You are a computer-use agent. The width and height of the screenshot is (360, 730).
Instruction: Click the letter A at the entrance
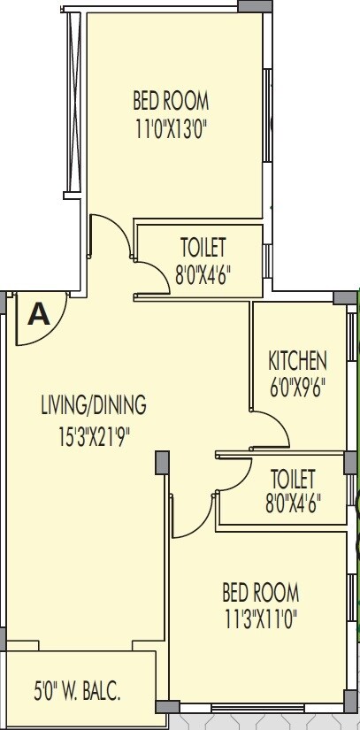click(x=39, y=315)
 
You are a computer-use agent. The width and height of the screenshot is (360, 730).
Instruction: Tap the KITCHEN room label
click(x=297, y=360)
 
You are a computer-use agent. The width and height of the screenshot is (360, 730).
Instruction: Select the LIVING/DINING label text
click(x=93, y=406)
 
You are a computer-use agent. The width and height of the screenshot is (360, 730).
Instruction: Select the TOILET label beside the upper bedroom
click(x=203, y=245)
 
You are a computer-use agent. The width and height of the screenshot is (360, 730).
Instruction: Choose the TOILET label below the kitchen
click(x=293, y=479)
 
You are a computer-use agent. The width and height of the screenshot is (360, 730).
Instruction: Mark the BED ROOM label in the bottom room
click(x=260, y=591)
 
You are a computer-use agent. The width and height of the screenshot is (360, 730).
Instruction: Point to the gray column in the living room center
click(x=161, y=461)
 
